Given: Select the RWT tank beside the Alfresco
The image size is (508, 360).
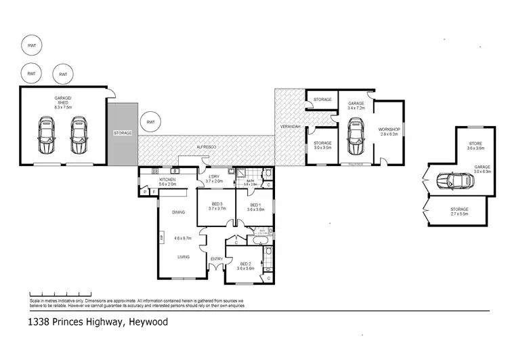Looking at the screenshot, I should pos(150,123).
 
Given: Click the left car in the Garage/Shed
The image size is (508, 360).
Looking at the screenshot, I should pos(46,136).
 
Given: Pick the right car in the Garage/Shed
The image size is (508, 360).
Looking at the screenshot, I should pos(80,136).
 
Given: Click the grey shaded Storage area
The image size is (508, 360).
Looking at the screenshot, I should pos(123,133).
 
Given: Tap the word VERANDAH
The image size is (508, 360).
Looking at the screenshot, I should pos(289,127).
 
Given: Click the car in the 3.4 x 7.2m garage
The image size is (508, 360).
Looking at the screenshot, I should pos(355,136).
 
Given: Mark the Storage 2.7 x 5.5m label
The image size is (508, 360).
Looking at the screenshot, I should pos(459,211).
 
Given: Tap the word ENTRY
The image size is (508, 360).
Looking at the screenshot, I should pos(216,258).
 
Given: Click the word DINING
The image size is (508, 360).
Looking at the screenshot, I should pos(179,212).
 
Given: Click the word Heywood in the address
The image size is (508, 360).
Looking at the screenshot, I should pos(148,322).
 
